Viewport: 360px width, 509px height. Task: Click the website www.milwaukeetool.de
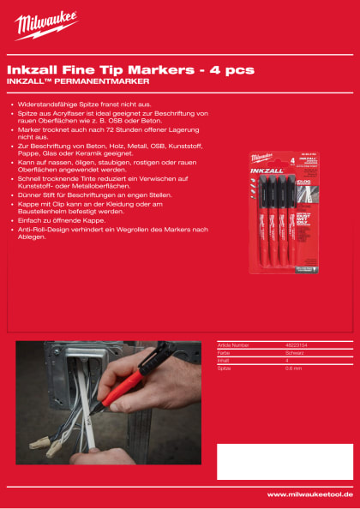309,494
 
